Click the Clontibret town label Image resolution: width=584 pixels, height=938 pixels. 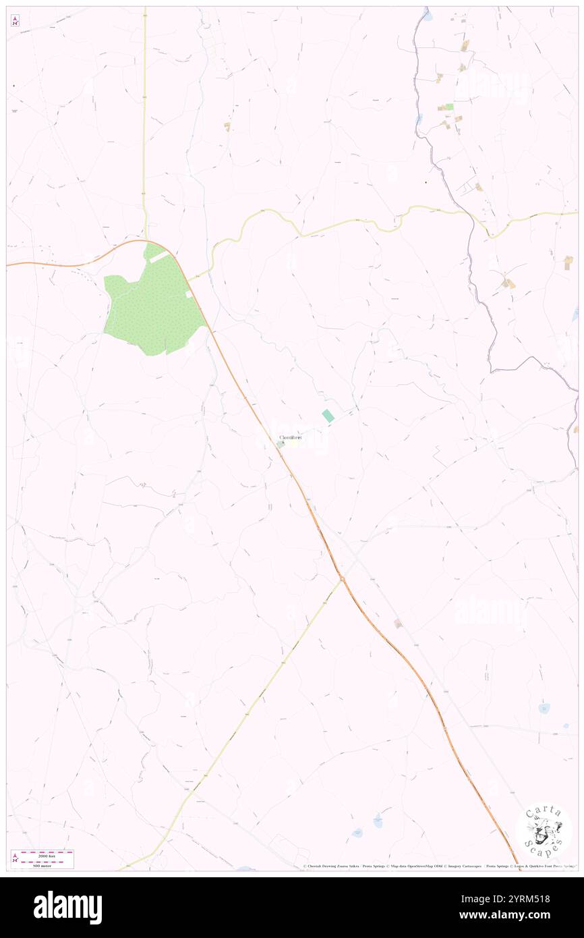[x=291, y=438]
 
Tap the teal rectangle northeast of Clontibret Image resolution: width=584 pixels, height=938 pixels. [x=328, y=416]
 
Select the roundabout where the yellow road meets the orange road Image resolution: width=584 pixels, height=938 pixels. [x=342, y=578]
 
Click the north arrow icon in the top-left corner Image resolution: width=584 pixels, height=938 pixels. [x=15, y=21]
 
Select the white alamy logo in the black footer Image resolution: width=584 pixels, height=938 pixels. [x=67, y=908]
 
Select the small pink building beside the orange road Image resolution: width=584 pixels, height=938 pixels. [x=398, y=624]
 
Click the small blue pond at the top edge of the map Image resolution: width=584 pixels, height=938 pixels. [x=427, y=11]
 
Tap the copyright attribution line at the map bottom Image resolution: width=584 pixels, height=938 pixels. [x=438, y=866]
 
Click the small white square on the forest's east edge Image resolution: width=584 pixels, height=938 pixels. [x=189, y=294]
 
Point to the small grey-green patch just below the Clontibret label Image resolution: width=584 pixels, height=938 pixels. [x=280, y=445]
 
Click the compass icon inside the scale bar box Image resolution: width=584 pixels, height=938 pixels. [x=16, y=858]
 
